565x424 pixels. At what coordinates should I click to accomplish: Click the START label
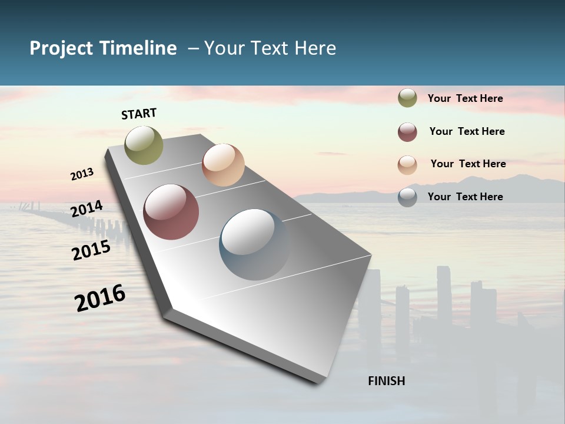coord(139,114)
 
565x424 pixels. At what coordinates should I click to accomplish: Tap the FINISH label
coord(386,381)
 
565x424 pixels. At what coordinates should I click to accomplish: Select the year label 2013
coord(82,174)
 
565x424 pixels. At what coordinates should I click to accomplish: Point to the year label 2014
coord(87,208)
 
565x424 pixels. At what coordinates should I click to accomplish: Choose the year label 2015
coord(91,250)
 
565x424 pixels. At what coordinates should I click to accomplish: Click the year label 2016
coord(100,298)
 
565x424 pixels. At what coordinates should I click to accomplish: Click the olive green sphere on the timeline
coord(144,145)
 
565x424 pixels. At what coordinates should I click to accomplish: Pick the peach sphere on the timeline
coord(223,165)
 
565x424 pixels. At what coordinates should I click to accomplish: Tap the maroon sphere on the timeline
coord(171,212)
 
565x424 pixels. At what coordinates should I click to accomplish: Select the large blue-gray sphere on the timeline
coord(254,244)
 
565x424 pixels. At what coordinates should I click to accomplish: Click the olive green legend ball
coord(407,98)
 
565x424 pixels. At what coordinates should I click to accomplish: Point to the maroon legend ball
coord(407,132)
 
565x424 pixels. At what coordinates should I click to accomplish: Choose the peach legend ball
coord(407,165)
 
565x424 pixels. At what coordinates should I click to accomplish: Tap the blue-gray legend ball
coord(407,197)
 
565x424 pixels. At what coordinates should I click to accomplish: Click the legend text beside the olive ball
coord(465,98)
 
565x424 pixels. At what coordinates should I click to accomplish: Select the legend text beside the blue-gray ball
coord(465,197)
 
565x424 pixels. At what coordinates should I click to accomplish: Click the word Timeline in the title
coord(138,48)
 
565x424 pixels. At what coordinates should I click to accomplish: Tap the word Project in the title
coord(61,48)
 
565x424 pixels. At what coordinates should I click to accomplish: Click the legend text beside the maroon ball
coord(467,131)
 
